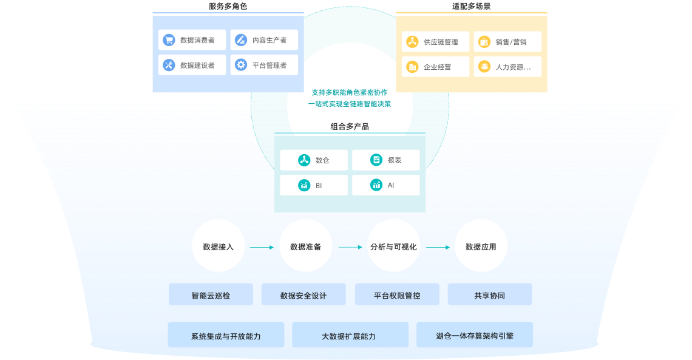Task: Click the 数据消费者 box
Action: pos(192,40)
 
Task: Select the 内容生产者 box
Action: pos(264,40)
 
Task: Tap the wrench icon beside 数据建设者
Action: pos(169,65)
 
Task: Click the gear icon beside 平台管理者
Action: pos(241,65)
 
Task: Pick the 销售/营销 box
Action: pos(507,42)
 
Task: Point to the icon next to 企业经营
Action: pos(412,67)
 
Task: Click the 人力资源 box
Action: pos(507,67)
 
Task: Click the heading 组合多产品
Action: pos(350,126)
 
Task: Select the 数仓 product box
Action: pos(314,160)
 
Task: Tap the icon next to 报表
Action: pos(376,160)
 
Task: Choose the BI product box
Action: pos(314,185)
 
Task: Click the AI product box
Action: pos(385,185)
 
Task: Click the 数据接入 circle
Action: pos(218,246)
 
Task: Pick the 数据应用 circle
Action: pos(481,246)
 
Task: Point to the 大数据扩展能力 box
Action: pos(348,335)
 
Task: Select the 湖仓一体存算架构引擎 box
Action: pos(475,335)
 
